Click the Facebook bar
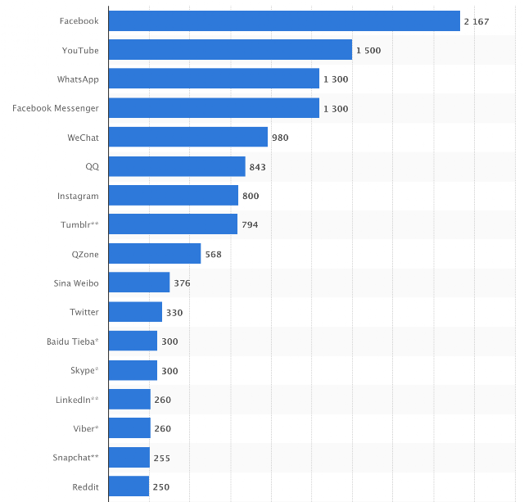coord(284,20)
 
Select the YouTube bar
coord(230,49)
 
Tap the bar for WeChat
coord(188,137)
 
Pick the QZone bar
coord(155,253)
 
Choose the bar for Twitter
coord(135,311)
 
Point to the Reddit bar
coord(129,486)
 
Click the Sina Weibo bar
coord(139,283)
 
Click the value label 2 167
coord(477,22)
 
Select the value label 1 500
coord(368,51)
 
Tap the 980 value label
coord(280,138)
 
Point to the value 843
coord(257,167)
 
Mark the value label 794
coord(250,224)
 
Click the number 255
coord(162,459)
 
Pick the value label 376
coord(182,283)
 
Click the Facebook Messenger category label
coord(56,108)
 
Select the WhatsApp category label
coord(78,79)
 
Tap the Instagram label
coord(78,196)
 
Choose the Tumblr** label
coord(79,224)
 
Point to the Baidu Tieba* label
coord(73,341)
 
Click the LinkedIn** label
coord(77,400)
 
